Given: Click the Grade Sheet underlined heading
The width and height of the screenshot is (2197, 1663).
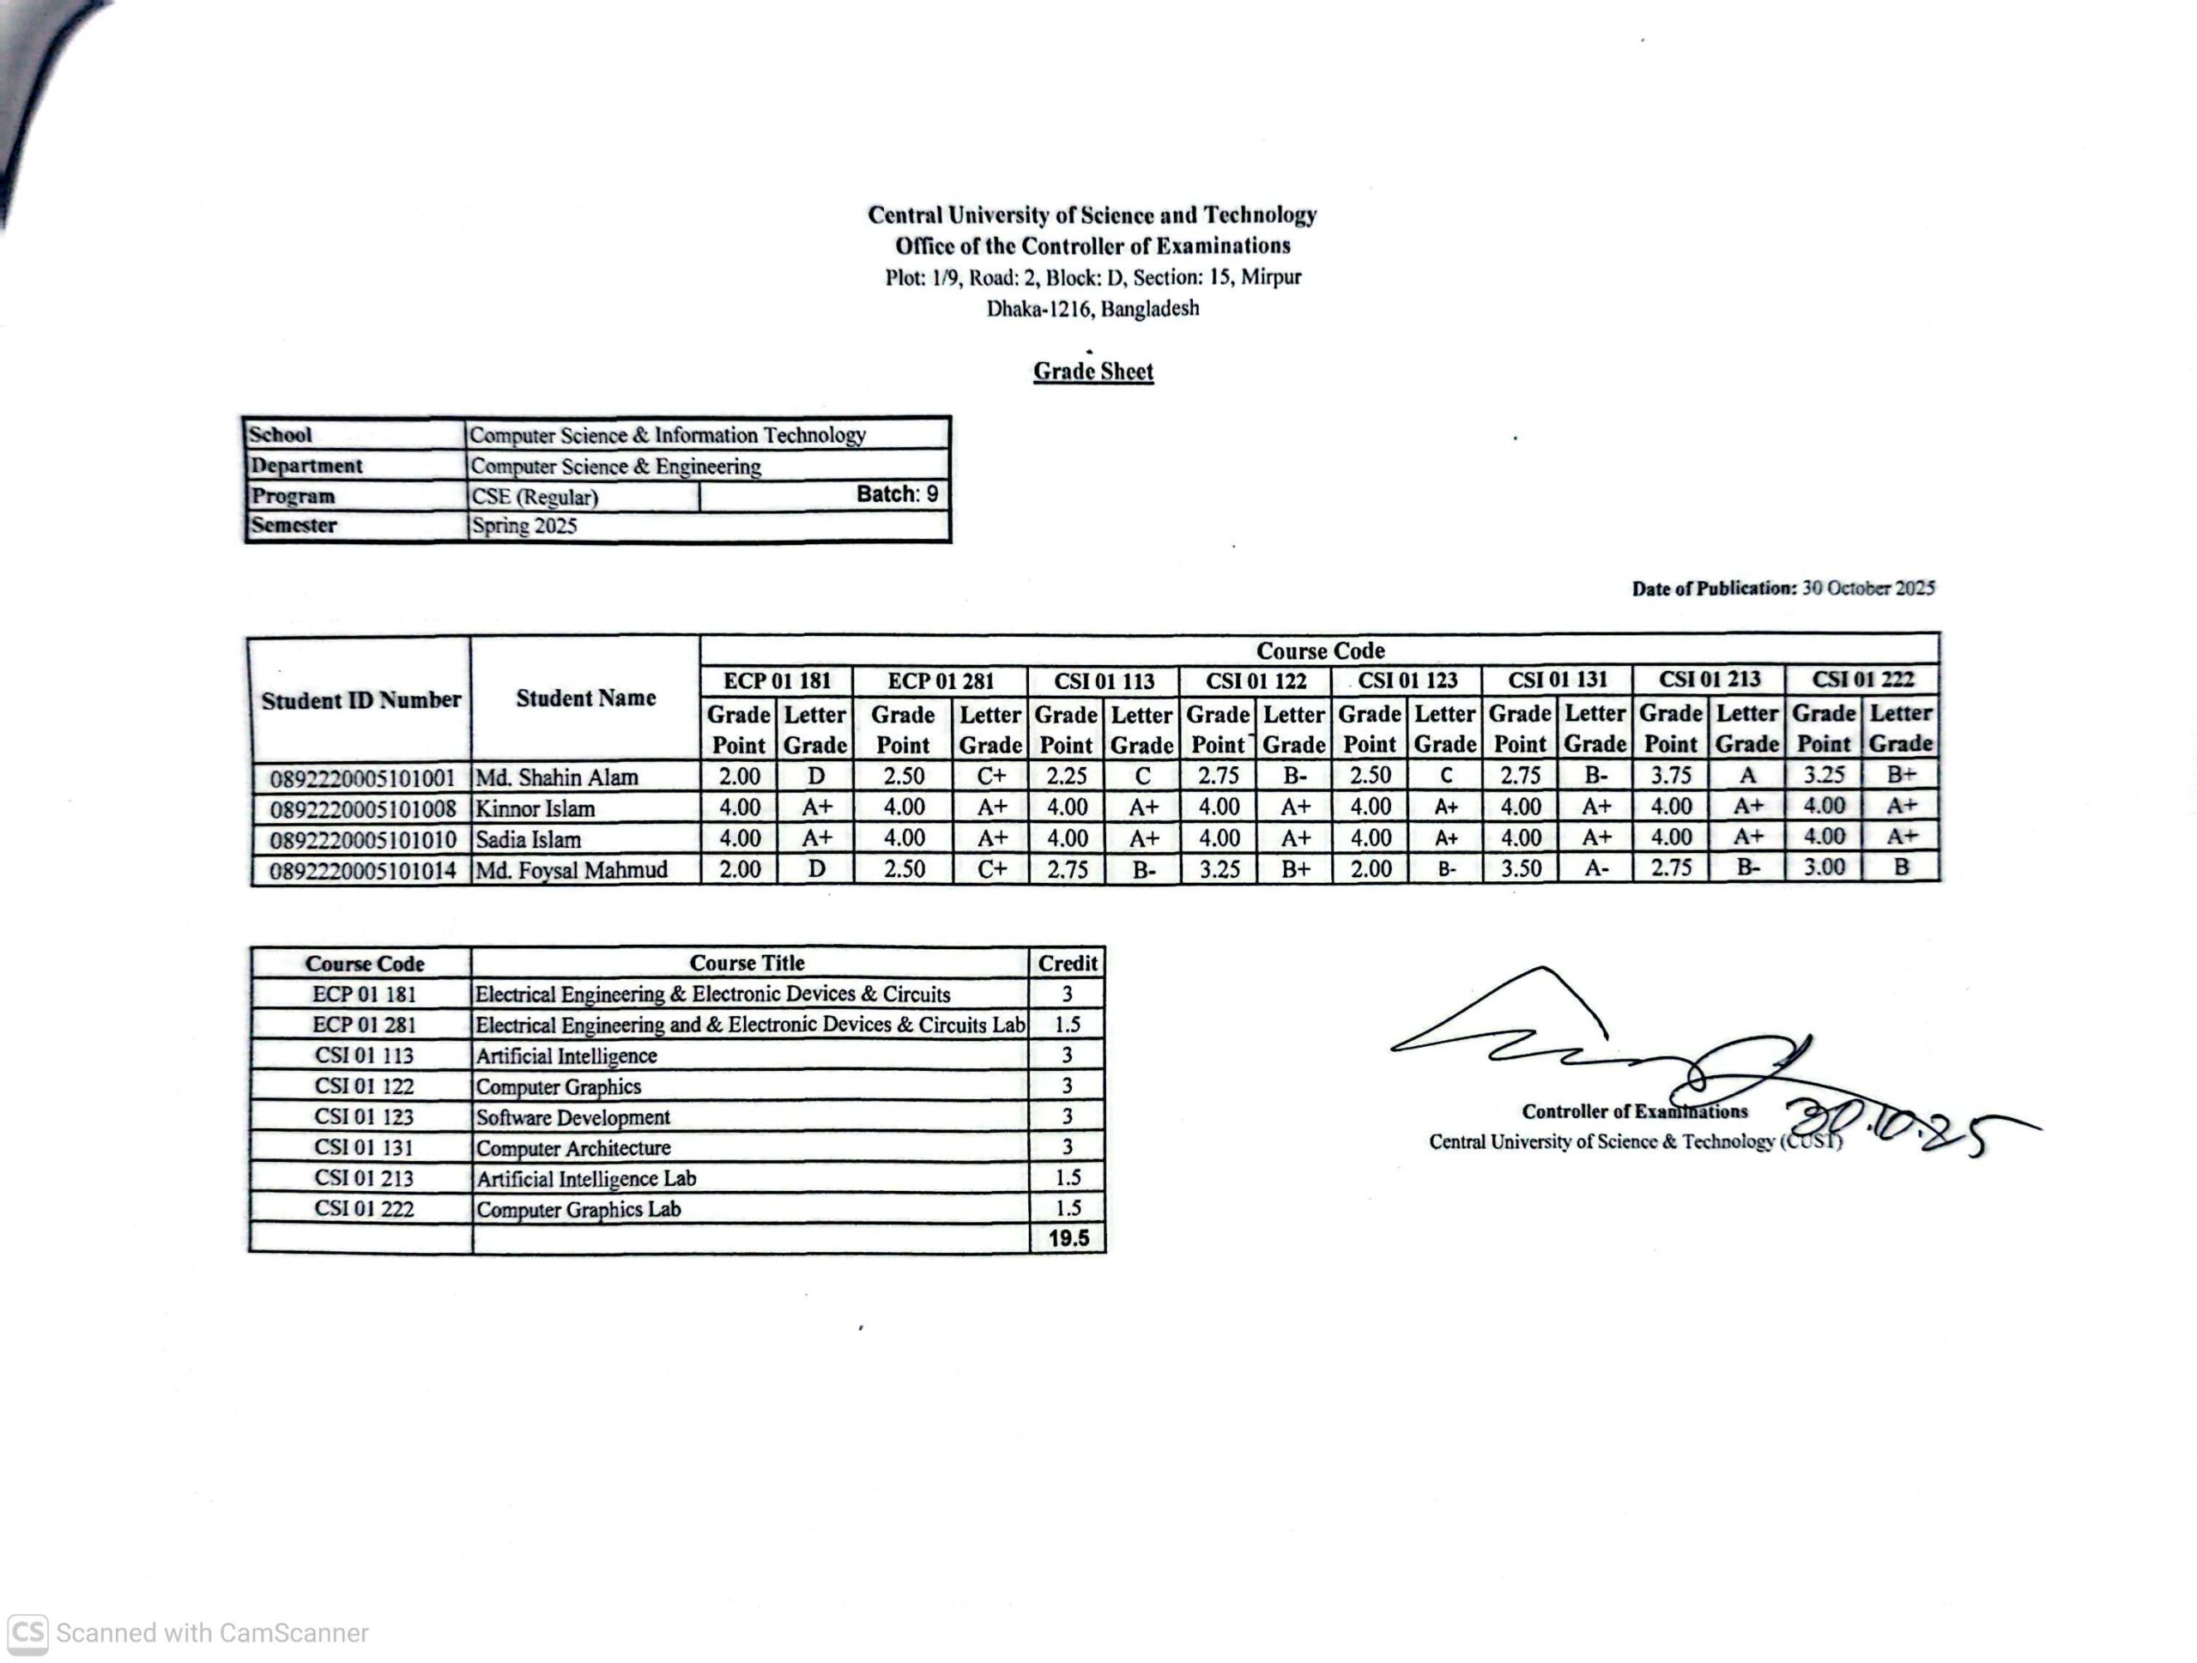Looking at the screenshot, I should (1092, 372).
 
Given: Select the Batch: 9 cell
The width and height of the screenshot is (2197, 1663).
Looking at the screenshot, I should (896, 494).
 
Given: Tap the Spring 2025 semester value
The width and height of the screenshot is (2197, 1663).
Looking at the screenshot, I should (524, 526).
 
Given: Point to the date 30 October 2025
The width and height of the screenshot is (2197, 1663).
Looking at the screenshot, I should (1867, 588).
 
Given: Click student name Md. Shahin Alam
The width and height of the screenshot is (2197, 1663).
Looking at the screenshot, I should (556, 777).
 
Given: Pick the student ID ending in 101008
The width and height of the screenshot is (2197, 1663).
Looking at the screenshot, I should (362, 809).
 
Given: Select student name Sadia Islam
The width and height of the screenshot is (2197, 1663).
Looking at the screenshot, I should (528, 840).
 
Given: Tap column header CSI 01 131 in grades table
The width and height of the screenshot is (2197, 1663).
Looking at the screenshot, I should (1557, 680).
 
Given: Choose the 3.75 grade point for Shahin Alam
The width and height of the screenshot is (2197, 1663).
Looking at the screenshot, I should (1671, 776).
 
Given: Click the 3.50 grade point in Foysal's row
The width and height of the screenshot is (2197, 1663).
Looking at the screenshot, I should (1520, 868).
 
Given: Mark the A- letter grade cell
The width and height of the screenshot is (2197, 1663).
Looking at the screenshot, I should (1596, 868).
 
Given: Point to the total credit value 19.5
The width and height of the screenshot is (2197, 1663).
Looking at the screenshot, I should (1068, 1238).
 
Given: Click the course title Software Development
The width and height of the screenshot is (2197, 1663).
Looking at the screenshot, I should (572, 1117).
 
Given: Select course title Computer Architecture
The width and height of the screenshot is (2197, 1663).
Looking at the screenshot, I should (573, 1148).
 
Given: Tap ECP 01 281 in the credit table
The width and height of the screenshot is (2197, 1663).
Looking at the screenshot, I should (364, 1025).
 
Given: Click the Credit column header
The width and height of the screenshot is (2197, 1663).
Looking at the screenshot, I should (1068, 963).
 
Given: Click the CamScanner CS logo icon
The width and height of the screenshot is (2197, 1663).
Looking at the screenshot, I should (27, 1633).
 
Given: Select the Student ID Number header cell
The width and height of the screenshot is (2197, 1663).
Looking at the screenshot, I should (360, 700).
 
